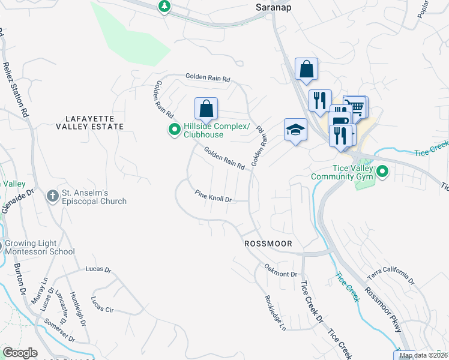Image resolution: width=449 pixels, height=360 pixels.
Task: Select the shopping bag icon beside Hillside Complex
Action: click(x=206, y=109)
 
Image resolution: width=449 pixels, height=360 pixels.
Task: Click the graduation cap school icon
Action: click(x=295, y=130)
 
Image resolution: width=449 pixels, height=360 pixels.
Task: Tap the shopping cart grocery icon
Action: click(x=357, y=106)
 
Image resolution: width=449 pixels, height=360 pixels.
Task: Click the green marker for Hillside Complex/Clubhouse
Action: click(x=175, y=130)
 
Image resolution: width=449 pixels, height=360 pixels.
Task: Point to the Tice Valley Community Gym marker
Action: click(x=382, y=172)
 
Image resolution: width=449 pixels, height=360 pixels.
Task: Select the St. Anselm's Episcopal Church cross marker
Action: click(x=52, y=197)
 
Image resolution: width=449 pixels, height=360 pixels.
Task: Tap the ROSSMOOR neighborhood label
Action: click(x=268, y=244)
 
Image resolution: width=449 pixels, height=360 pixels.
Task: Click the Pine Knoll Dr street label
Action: click(x=213, y=196)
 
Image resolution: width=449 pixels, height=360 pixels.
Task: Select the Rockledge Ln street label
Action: click(x=274, y=312)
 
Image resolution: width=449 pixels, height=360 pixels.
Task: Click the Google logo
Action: click(x=20, y=353)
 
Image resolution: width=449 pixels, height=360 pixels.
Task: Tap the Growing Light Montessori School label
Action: click(x=40, y=248)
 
